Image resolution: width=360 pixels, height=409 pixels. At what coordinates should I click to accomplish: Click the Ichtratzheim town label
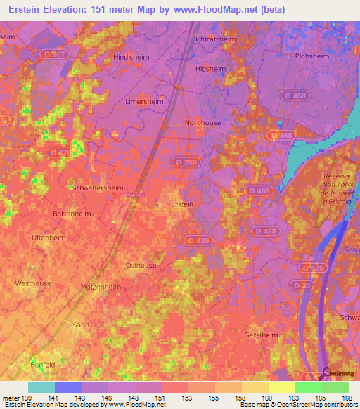pos(215,39)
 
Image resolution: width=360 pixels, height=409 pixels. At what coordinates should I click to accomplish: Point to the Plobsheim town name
pos(313,56)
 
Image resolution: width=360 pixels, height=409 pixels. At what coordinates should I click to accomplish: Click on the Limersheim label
pos(143,102)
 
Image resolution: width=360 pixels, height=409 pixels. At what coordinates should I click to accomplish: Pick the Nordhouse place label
pos(202,122)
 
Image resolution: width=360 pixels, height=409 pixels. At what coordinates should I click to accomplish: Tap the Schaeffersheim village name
pos(98,188)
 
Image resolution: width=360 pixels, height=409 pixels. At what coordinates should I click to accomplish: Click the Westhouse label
pos(33,283)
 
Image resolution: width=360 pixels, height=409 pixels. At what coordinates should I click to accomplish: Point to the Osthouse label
pos(141,265)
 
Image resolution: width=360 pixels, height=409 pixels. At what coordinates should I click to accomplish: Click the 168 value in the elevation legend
pos(345,398)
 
